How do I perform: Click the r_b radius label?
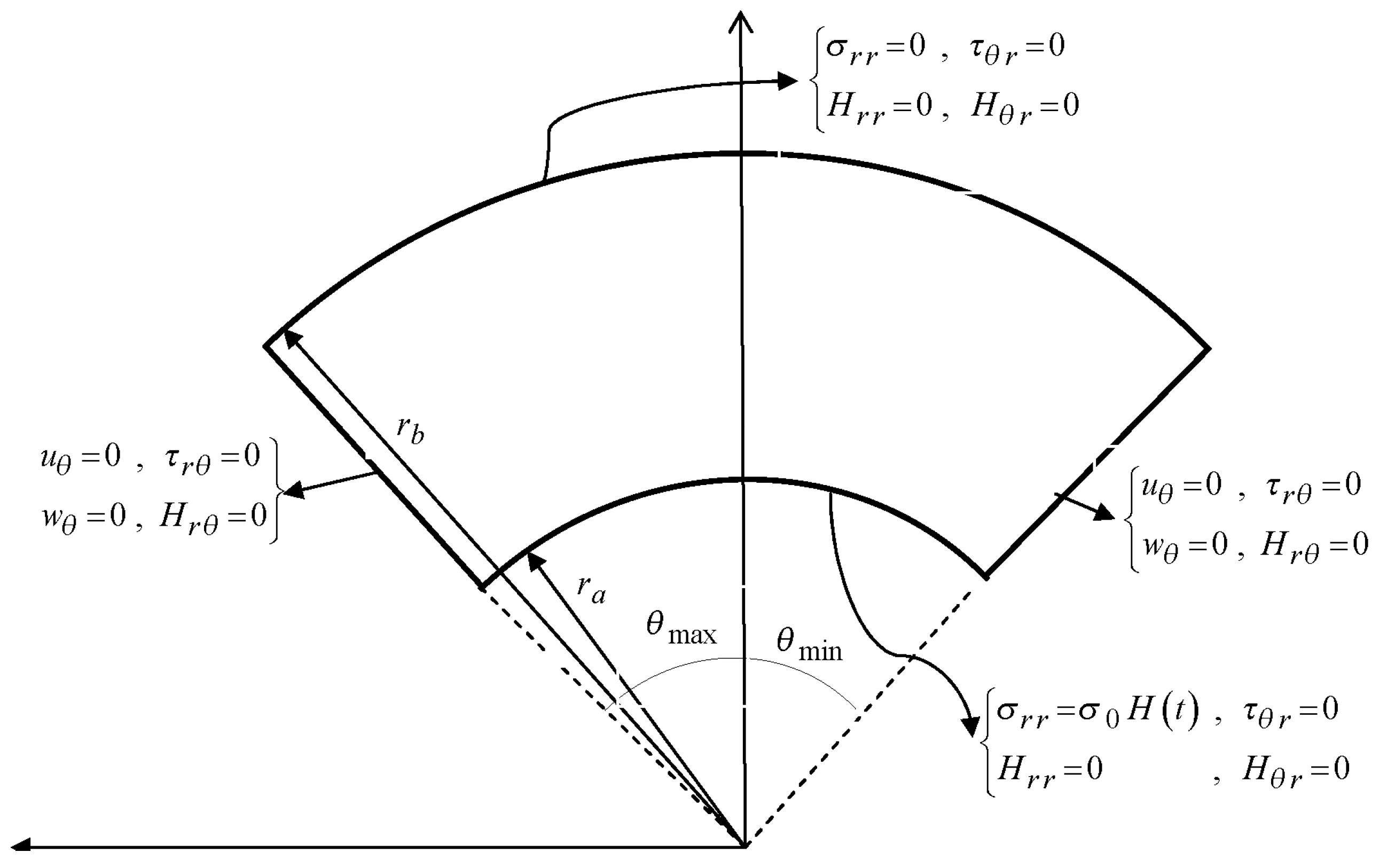click(x=410, y=430)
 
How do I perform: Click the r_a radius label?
click(x=591, y=589)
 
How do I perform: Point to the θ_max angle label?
click(x=680, y=629)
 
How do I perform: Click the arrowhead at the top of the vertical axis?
click(x=741, y=20)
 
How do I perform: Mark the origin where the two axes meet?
click(x=745, y=845)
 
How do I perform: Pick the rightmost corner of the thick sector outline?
click(x=1208, y=349)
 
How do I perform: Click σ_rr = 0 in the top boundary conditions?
click(x=876, y=46)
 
